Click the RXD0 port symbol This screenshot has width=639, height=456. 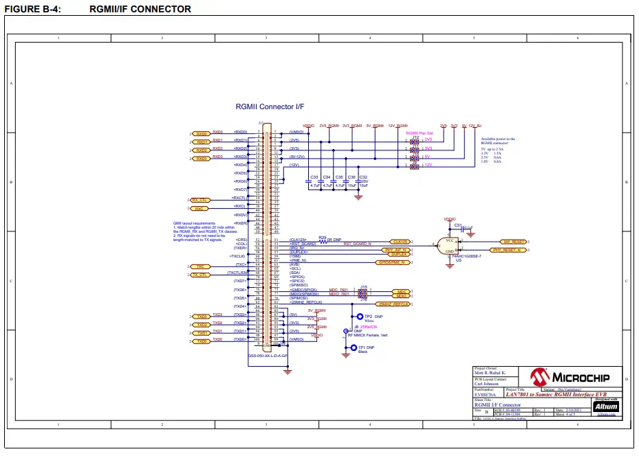(x=201, y=133)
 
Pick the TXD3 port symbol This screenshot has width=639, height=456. (x=201, y=316)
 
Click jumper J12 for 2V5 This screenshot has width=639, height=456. (x=414, y=141)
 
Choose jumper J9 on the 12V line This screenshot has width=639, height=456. (x=414, y=166)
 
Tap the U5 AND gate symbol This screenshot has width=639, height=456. (x=449, y=247)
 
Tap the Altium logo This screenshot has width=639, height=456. (x=606, y=407)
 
